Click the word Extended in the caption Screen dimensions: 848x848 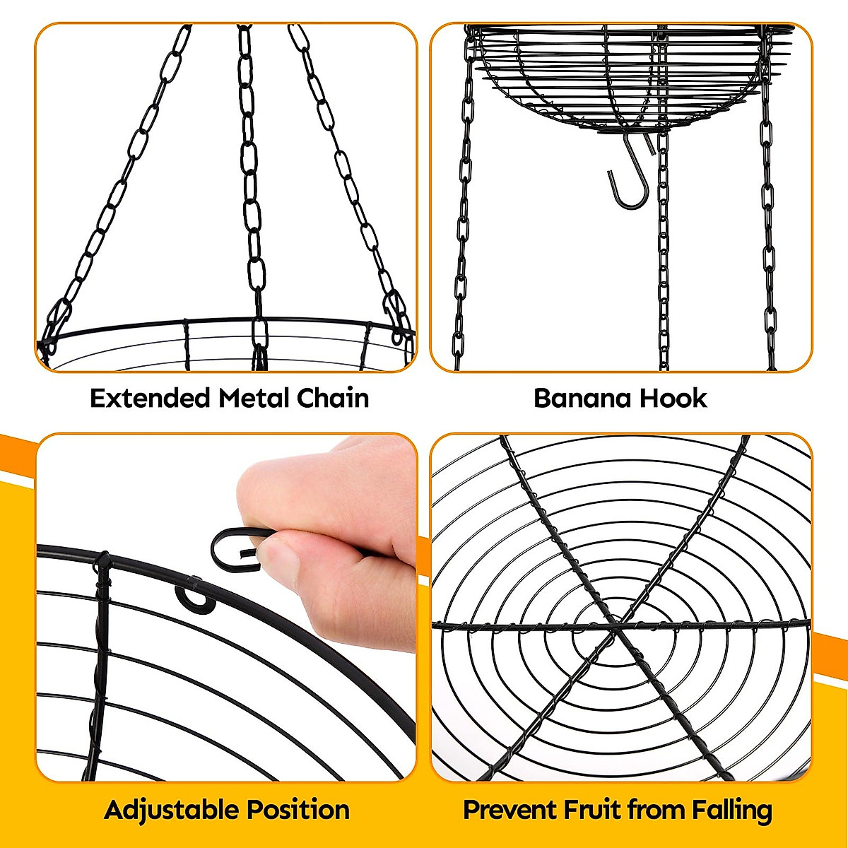pyautogui.click(x=151, y=399)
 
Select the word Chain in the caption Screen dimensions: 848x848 pyautogui.click(x=333, y=399)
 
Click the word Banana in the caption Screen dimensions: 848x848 pyautogui.click(x=582, y=399)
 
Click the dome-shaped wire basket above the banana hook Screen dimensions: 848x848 pyautogui.click(x=622, y=78)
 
